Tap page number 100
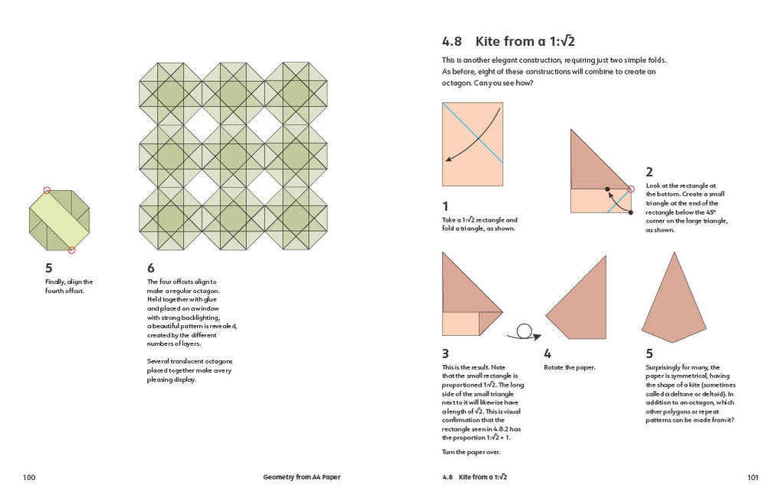pyautogui.click(x=29, y=477)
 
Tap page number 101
pyautogui.click(x=752, y=477)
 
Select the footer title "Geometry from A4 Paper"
pyautogui.click(x=294, y=477)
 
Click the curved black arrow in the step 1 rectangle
pyautogui.click(x=473, y=136)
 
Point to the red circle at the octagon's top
pyautogui.click(x=47, y=190)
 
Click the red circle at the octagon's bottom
pyautogui.click(x=71, y=250)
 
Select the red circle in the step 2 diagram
pyautogui.click(x=631, y=189)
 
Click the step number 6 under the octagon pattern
pyautogui.click(x=150, y=268)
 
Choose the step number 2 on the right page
pyautogui.click(x=649, y=173)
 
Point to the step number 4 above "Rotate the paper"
pyautogui.click(x=547, y=354)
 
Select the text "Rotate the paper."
pyautogui.click(x=570, y=367)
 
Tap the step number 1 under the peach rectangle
pyautogui.click(x=445, y=206)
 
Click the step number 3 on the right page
pyautogui.click(x=445, y=354)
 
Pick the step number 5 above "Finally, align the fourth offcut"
pyautogui.click(x=49, y=268)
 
